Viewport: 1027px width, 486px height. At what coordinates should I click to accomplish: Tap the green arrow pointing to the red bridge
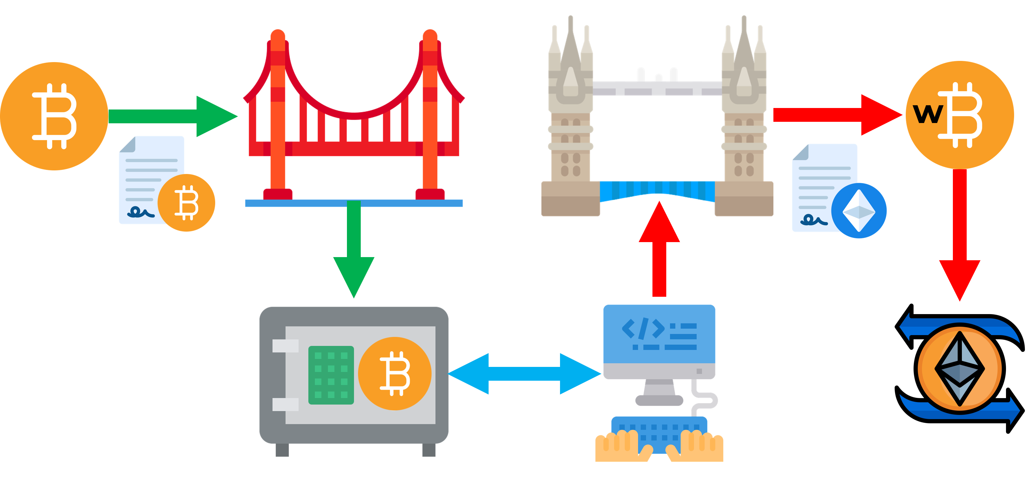point(171,116)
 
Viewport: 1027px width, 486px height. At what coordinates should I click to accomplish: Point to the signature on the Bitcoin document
point(140,212)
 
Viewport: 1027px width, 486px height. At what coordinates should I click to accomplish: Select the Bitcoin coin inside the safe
point(395,373)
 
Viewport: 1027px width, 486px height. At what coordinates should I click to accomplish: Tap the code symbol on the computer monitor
point(643,328)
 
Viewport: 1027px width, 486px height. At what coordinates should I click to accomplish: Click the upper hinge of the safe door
point(285,346)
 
